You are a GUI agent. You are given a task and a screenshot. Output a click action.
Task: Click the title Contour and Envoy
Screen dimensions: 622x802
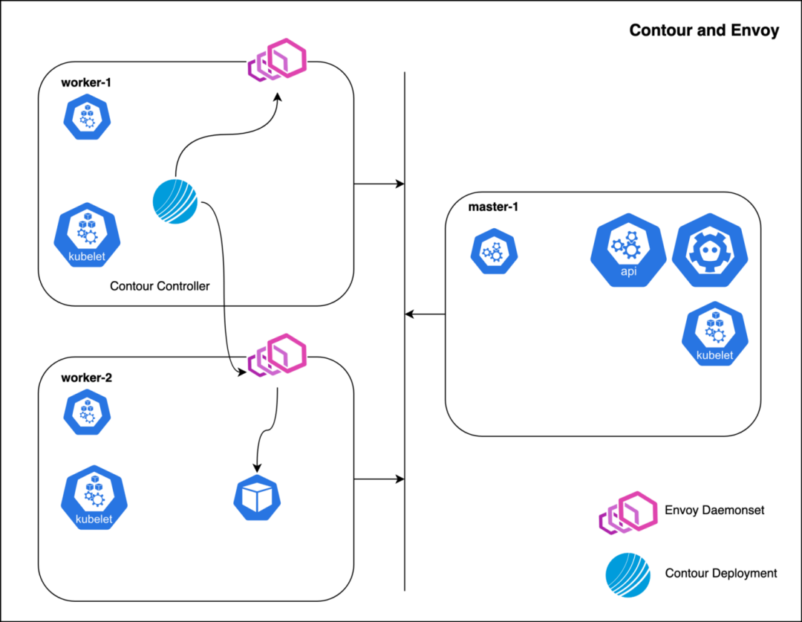click(x=704, y=30)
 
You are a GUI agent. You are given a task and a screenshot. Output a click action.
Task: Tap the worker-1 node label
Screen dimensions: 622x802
click(x=86, y=82)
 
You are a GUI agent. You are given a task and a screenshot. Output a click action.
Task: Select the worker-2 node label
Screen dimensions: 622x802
click(x=86, y=378)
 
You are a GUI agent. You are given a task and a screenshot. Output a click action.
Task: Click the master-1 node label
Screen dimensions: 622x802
click(x=493, y=206)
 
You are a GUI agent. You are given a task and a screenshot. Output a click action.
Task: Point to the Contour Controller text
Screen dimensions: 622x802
click(x=160, y=286)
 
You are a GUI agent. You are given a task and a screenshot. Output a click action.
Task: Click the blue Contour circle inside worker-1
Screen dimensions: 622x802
click(x=175, y=201)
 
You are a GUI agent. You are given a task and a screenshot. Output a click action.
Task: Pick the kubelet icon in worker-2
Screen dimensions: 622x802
click(x=94, y=498)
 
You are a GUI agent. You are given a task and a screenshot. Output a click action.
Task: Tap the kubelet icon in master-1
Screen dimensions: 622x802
click(x=714, y=335)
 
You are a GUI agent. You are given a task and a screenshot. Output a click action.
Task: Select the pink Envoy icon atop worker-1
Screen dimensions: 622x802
click(x=276, y=61)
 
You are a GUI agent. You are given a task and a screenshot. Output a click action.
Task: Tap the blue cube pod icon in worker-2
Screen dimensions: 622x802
click(x=257, y=497)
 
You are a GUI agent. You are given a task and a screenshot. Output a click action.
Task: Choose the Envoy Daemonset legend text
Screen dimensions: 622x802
click(x=714, y=510)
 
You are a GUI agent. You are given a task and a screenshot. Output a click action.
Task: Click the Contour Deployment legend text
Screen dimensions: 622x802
click(x=721, y=573)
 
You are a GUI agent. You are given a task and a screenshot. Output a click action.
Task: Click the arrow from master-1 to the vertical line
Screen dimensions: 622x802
click(x=425, y=314)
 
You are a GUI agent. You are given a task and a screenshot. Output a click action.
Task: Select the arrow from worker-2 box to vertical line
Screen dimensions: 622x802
click(x=379, y=479)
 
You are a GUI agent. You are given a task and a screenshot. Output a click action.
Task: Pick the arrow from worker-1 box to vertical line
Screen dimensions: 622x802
click(x=379, y=183)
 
